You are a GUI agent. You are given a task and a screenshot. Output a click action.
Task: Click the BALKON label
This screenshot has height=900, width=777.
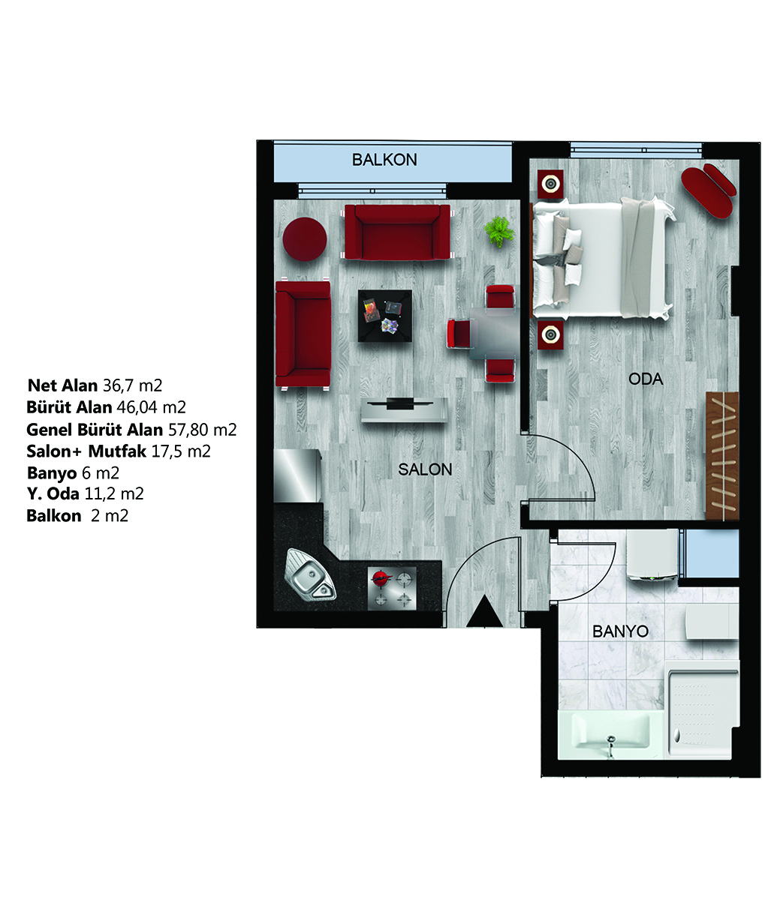384,160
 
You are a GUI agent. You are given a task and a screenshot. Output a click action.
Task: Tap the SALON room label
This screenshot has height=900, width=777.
425,469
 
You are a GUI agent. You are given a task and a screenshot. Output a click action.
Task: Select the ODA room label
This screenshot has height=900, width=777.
646,379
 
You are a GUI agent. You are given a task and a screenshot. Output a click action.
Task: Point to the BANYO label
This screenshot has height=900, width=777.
620,631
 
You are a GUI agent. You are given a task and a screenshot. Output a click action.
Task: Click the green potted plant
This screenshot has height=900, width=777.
499,232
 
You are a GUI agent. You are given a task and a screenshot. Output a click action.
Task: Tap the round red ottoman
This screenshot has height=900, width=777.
305,239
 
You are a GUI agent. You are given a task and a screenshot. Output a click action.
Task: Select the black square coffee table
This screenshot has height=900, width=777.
385,316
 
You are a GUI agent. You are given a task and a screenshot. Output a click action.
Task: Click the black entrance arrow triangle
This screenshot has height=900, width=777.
484,612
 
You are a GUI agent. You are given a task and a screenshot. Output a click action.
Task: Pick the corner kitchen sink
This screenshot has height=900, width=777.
310,575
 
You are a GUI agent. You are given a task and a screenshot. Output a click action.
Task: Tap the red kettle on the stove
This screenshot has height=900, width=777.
380,577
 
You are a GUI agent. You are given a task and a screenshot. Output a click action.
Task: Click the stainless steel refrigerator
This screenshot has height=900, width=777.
297,476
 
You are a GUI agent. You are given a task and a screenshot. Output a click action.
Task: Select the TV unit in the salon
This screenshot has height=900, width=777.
404,409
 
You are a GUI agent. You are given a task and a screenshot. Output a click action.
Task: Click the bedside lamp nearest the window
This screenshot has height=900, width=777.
550,184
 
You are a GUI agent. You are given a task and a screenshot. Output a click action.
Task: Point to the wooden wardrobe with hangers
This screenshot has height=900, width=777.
722,455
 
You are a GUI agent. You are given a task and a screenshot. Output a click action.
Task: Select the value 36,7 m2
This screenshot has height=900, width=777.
132,385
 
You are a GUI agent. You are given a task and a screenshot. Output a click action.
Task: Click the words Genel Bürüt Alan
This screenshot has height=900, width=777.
95,430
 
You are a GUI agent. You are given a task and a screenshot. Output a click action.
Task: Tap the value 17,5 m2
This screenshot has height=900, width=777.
181,451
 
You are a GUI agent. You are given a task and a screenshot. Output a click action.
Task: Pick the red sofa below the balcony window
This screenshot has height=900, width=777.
397,232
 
